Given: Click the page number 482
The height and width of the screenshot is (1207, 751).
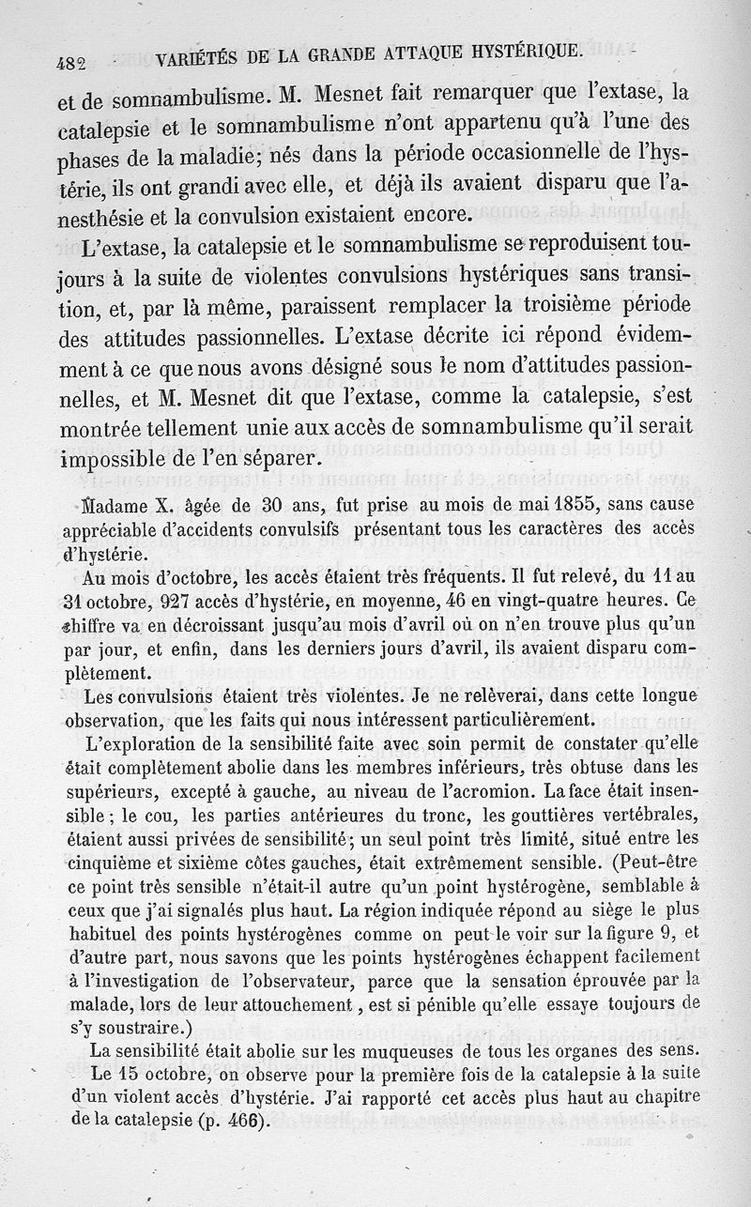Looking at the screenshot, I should coord(71,65).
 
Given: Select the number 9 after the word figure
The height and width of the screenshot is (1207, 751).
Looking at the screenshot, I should coord(661,933).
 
